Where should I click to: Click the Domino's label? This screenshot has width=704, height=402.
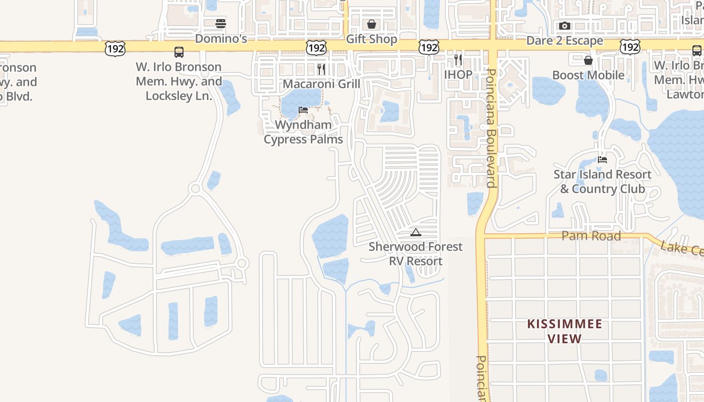[x=221, y=39]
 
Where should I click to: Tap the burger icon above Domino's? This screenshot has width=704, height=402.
[x=221, y=24]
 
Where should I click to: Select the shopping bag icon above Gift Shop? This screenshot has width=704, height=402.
[x=372, y=24]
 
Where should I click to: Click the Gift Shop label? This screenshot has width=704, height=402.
[x=372, y=39]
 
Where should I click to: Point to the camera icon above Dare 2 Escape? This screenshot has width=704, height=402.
[x=565, y=26]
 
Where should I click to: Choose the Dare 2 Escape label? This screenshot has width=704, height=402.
[x=565, y=41]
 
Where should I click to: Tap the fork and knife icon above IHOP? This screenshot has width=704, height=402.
[x=458, y=60]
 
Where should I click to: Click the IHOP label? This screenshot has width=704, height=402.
[x=458, y=75]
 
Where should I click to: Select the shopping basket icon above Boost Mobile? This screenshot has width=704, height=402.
[x=588, y=61]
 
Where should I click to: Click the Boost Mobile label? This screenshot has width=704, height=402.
[x=588, y=75]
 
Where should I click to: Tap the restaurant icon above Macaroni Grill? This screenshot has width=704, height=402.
[x=321, y=69]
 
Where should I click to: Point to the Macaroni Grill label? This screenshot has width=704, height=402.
[x=321, y=83]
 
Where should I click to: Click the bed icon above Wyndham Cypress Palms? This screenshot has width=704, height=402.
[x=303, y=110]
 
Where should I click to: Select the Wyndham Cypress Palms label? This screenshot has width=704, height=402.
[x=303, y=132]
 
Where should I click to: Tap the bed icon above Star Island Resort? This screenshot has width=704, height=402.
[x=602, y=160]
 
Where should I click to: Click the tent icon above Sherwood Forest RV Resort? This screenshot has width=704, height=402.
[x=415, y=232]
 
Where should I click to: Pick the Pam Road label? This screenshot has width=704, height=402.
[x=591, y=236]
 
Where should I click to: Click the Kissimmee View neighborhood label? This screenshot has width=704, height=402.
[x=565, y=331]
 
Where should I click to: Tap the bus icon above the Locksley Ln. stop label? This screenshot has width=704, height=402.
[x=179, y=52]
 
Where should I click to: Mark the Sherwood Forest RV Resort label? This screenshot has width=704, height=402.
[x=415, y=254]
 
